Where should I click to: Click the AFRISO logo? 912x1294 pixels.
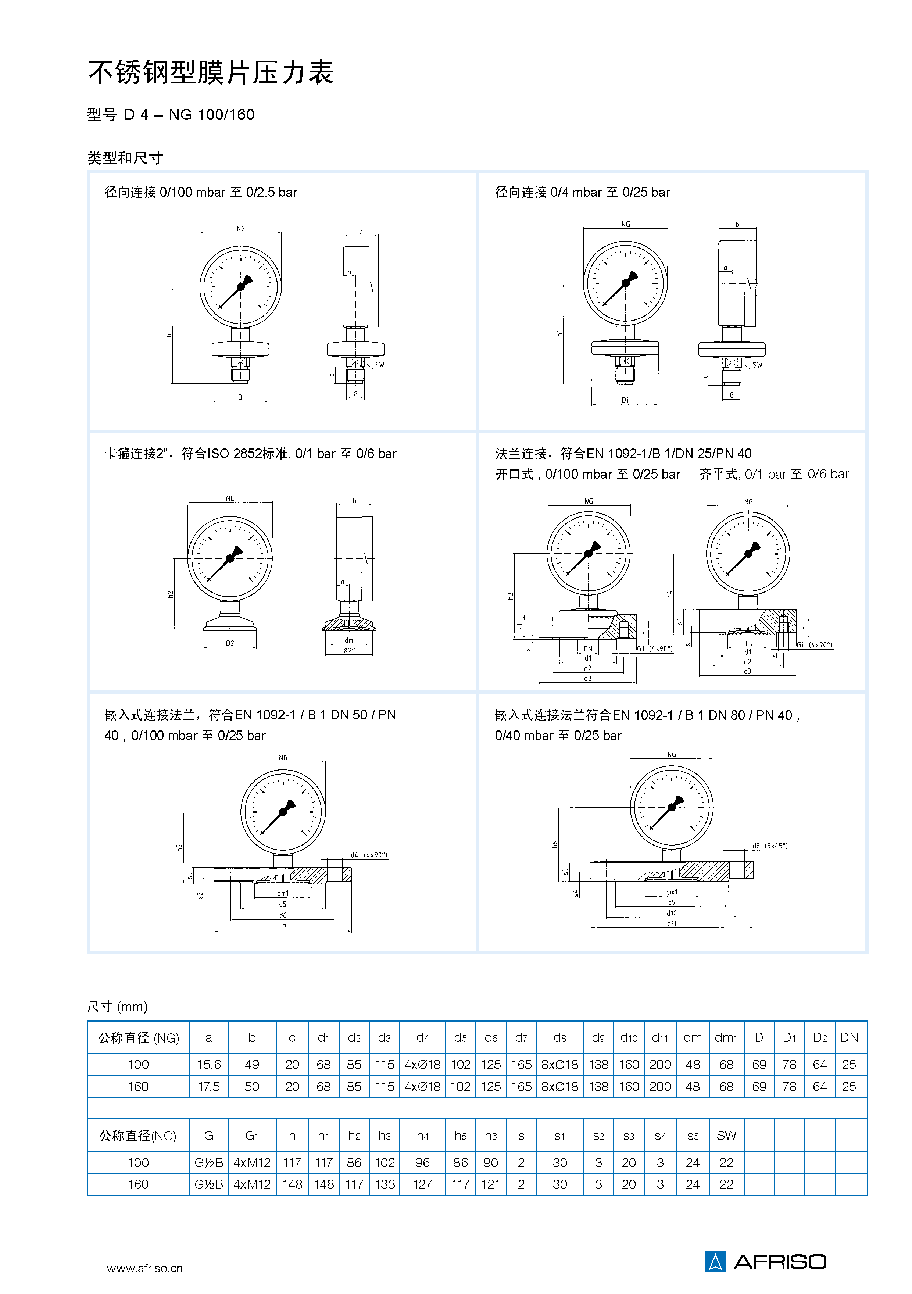pyautogui.click(x=765, y=1261)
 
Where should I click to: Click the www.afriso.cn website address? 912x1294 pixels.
pyautogui.click(x=144, y=1268)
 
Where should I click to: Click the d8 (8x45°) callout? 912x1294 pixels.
pyautogui.click(x=770, y=846)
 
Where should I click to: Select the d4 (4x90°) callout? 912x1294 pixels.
pyautogui.click(x=369, y=855)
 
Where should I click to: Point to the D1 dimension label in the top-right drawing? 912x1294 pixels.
pyautogui.click(x=625, y=400)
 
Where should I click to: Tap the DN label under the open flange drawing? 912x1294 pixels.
pyautogui.click(x=587, y=649)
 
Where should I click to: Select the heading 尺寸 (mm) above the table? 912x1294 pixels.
pyautogui.click(x=117, y=1006)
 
